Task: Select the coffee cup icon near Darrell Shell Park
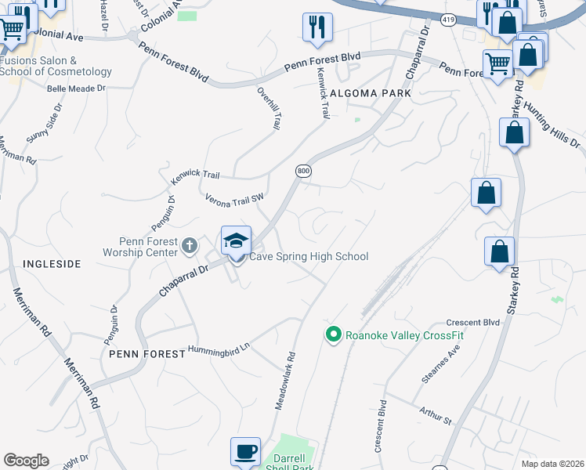pos(245,452)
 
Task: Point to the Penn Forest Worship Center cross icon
pos(189,246)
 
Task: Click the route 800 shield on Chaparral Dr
pos(303,171)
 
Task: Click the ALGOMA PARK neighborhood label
pos(371,92)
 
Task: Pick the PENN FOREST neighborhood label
pos(137,354)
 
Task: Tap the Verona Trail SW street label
pos(233,201)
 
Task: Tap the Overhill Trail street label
pos(269,108)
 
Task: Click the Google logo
pos(26,461)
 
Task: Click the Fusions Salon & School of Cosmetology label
pos(56,66)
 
